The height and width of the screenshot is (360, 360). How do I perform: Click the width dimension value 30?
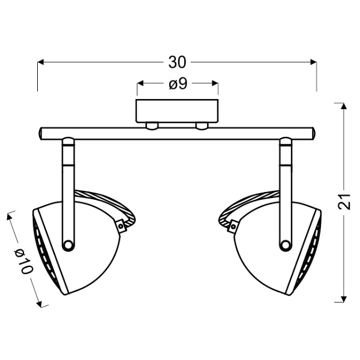(x=177, y=62)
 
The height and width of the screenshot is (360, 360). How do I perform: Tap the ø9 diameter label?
(x=178, y=85)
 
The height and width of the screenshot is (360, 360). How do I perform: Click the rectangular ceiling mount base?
(x=177, y=111)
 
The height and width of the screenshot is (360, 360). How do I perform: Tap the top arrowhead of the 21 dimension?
(x=342, y=106)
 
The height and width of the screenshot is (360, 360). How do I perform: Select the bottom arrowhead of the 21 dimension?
(x=342, y=300)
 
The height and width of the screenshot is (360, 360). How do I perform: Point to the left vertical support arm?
(x=68, y=192)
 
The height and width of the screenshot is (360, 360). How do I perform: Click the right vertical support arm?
(x=286, y=192)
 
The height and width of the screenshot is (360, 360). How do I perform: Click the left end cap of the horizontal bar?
(x=41, y=133)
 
